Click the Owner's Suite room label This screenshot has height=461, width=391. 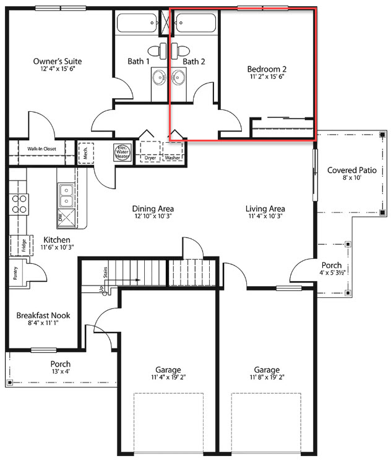tap(58, 61)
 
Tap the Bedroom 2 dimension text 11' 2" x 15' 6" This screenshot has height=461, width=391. tap(267, 77)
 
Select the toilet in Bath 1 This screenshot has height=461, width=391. tap(157, 51)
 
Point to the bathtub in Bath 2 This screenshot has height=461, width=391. tap(195, 23)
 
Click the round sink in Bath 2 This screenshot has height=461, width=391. tap(178, 77)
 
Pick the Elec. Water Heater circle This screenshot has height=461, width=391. tap(122, 152)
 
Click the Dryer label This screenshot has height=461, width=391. tap(150, 158)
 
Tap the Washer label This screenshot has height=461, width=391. tap(172, 158)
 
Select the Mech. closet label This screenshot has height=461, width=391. tap(85, 153)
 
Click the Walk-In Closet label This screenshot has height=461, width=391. tap(41, 149)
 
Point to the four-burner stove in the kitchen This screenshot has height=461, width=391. tap(19, 205)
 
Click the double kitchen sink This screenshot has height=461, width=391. tap(67, 195)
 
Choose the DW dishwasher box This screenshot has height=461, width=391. tap(67, 218)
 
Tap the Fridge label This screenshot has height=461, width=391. tap(24, 245)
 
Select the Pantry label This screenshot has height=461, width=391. tap(15, 273)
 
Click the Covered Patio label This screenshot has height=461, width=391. tap(352, 170)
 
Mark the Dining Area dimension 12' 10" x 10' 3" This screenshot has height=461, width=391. tap(153, 216)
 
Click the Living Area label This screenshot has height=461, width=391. tap(265, 209)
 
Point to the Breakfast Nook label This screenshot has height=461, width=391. tap(43, 315)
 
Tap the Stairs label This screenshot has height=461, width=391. tap(105, 273)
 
